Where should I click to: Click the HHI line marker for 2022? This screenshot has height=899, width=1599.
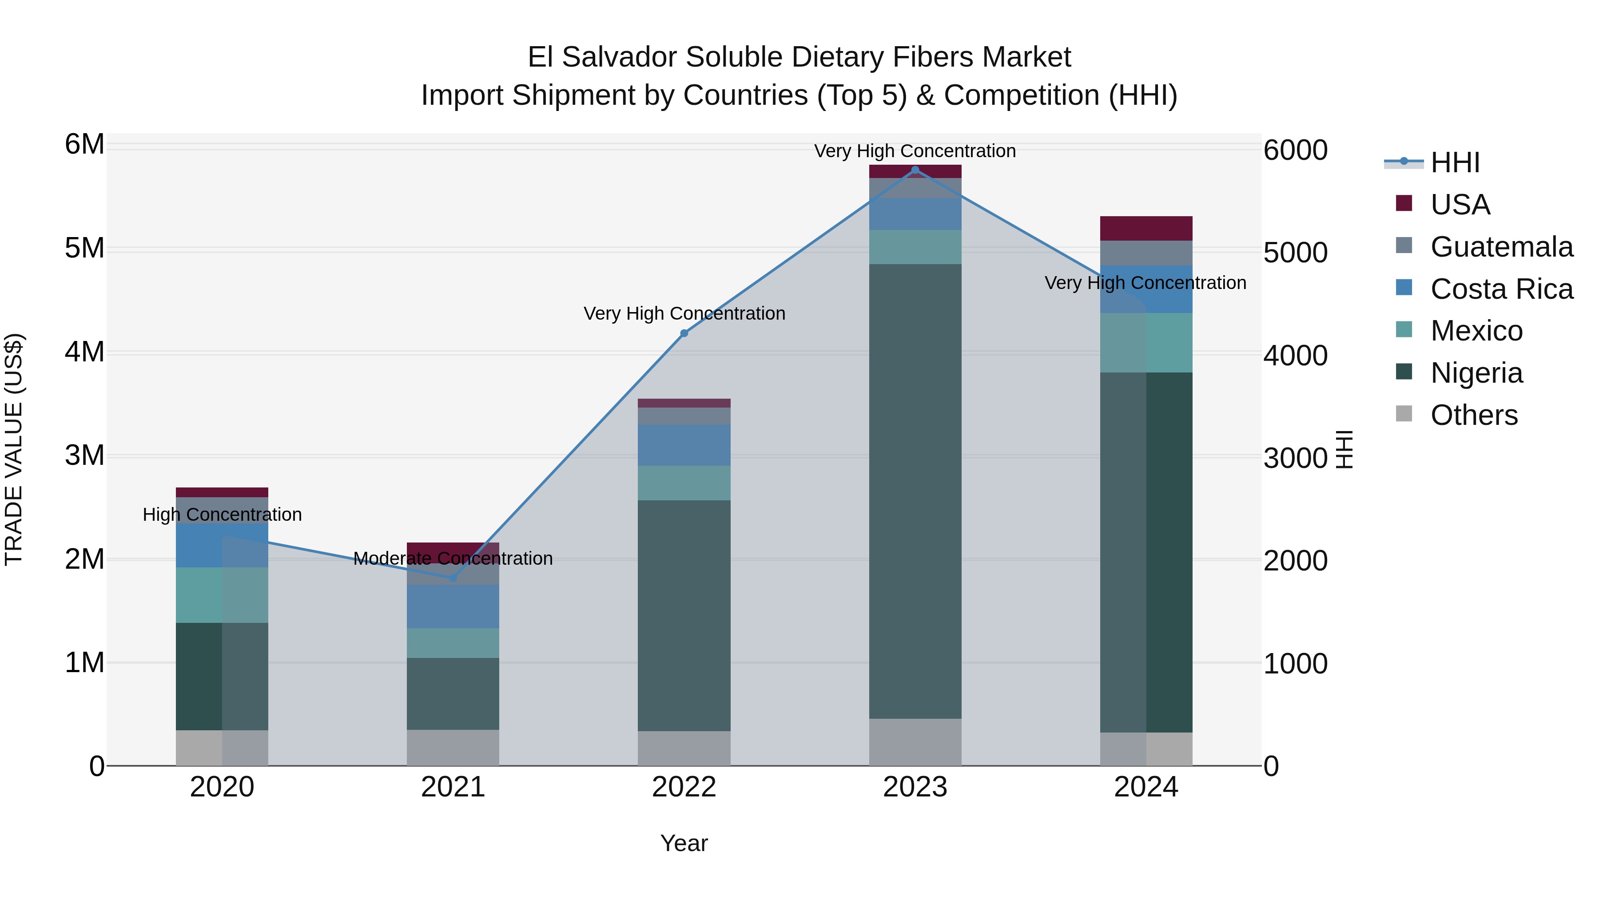(x=684, y=333)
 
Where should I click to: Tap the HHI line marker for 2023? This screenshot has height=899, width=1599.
(x=915, y=170)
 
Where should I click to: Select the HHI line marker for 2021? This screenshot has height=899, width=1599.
(x=453, y=578)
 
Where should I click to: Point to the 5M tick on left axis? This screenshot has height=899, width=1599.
(x=84, y=248)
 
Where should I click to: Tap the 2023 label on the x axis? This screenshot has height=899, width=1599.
(x=915, y=787)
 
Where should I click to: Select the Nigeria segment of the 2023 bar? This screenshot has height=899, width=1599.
(x=915, y=490)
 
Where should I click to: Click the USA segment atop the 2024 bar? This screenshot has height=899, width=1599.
(x=1146, y=228)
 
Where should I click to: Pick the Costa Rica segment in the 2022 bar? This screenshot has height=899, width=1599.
(x=684, y=445)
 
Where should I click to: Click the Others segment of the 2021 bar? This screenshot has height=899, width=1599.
(x=453, y=748)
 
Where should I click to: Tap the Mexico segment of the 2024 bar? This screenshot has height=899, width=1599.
(x=1146, y=342)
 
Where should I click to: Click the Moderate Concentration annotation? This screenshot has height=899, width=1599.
(x=453, y=558)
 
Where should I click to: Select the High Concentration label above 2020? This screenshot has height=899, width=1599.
(x=222, y=515)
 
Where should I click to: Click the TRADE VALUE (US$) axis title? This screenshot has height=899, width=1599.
(x=14, y=449)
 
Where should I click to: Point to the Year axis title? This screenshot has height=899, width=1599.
(x=684, y=843)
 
